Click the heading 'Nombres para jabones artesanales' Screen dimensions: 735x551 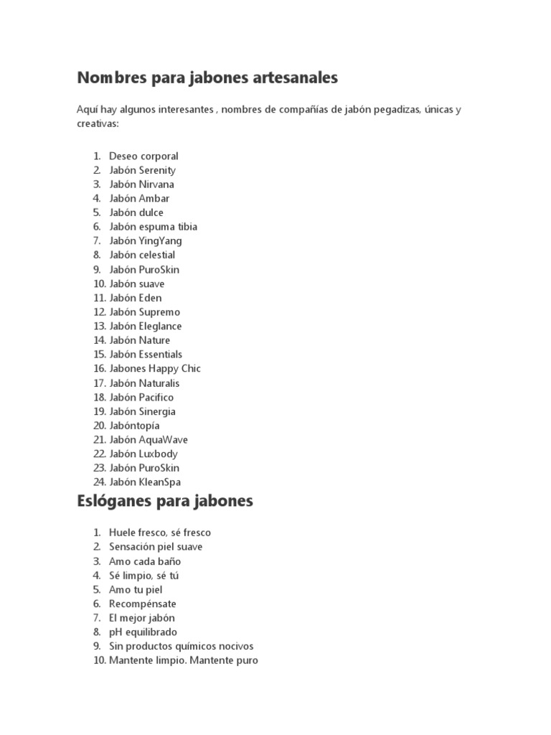coord(207,78)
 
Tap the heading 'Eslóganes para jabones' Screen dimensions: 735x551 coord(165,501)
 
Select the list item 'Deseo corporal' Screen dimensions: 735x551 coord(143,156)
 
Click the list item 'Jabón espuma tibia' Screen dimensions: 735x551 coord(153,227)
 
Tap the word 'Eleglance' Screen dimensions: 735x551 coord(160,326)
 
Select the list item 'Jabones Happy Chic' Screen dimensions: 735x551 coord(155,368)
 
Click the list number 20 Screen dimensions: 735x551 coord(99,426)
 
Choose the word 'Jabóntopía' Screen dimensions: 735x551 coord(134,426)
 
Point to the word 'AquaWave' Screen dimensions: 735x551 coord(163,439)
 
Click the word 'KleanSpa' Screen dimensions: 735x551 coord(161,482)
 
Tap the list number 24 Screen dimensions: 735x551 coord(99,482)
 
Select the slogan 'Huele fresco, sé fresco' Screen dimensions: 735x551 coord(160,533)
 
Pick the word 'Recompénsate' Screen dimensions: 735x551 coord(143,604)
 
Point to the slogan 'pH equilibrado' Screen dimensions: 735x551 coord(143,632)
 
